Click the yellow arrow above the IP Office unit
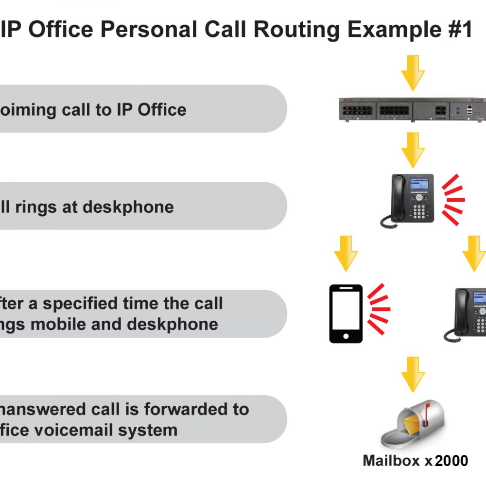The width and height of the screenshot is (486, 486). point(413,73)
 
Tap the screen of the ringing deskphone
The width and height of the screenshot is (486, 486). point(419,184)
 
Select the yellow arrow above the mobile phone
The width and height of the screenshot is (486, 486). point(346,253)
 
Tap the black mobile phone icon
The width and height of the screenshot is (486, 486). point(346,313)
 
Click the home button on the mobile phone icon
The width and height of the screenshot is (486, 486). point(346,336)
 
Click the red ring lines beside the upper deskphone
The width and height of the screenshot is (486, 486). point(452,199)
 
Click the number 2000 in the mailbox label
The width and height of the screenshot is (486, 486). point(451,461)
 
